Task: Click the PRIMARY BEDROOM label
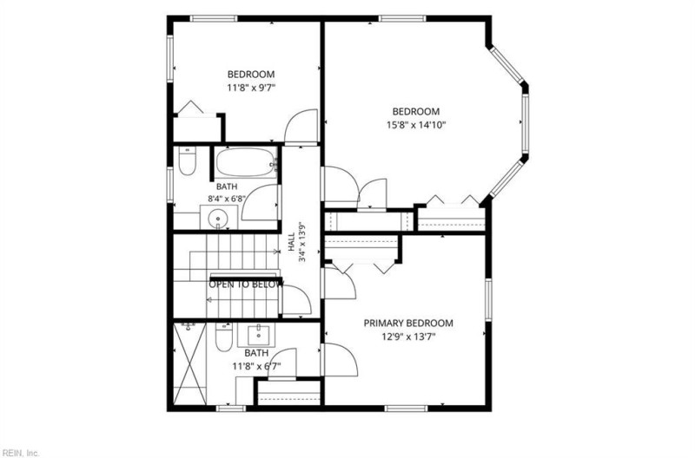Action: point(408,323)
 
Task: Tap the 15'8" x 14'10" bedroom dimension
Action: point(416,125)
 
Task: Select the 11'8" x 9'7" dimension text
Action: point(251,88)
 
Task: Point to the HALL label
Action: point(291,242)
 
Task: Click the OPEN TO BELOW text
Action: point(246,285)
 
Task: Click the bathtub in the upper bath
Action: point(246,162)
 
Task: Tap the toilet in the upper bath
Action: point(187,161)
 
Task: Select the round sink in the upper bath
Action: point(219,218)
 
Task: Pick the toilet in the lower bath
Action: point(224,337)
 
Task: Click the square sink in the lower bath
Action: point(256,335)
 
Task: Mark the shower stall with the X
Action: point(189,363)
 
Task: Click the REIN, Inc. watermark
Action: point(20,453)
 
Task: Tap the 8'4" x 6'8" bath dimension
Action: point(227,199)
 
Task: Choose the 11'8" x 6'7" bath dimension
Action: point(256,366)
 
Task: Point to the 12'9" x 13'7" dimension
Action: point(408,337)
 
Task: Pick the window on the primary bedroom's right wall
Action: point(488,300)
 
